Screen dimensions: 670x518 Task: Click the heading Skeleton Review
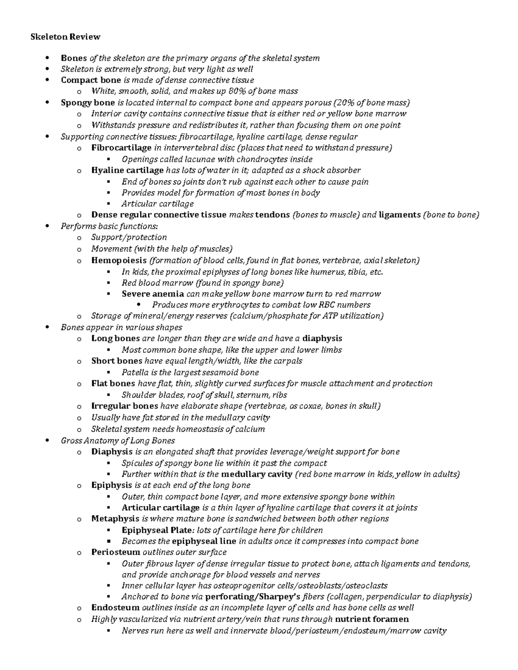65,37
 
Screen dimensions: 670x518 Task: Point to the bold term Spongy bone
88,103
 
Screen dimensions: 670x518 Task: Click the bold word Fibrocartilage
121,148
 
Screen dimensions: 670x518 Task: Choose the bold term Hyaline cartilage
127,170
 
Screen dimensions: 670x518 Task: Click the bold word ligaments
399,215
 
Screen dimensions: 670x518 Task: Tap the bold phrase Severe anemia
152,294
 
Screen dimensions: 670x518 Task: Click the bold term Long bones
115,338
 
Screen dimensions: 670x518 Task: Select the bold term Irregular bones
124,406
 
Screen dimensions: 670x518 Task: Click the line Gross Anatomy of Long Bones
118,440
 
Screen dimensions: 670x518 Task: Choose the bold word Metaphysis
115,519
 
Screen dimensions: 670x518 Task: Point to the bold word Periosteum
115,552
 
